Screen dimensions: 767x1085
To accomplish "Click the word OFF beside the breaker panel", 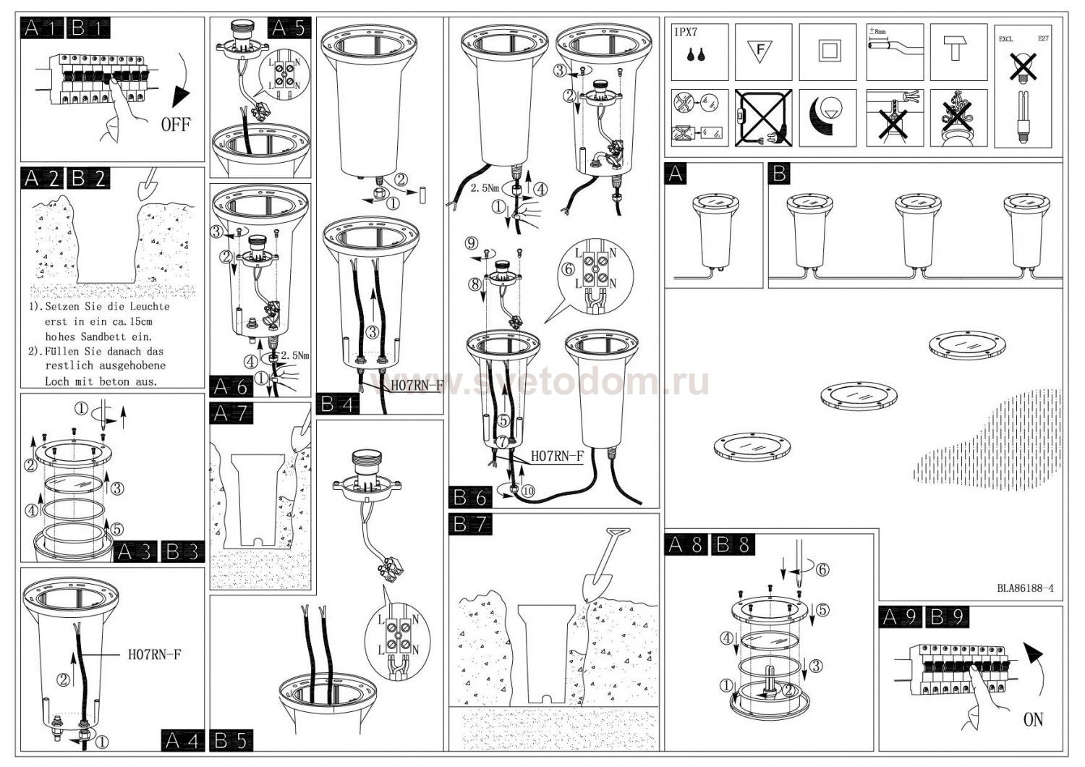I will point(176,124).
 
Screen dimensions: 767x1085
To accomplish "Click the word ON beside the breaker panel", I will point(1034,719).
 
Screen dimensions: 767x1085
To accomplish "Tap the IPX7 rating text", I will point(686,32).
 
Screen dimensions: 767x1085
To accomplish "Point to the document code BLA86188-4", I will point(1024,588).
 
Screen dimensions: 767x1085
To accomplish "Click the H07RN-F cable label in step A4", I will point(154,655).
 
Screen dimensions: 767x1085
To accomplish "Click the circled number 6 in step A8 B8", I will point(822,569).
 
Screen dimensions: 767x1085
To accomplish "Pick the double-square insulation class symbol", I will point(828,51).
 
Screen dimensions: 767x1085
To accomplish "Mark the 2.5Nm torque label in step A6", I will point(294,356).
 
